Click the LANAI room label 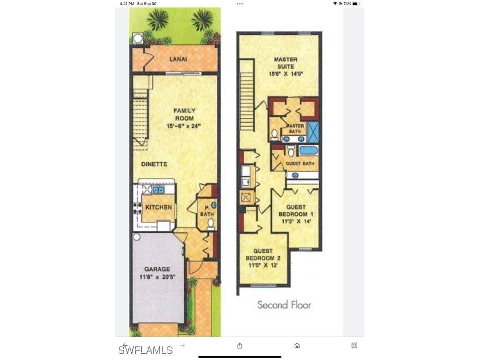point(178,59)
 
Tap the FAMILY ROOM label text point(184,114)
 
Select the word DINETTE point(154,164)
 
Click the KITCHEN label point(158,207)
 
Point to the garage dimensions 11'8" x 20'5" point(157,277)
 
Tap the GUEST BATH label point(300,164)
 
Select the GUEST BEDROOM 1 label point(296,210)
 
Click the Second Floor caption point(284,305)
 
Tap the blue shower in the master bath point(313,132)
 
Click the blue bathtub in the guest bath point(308,151)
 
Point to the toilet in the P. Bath point(211,223)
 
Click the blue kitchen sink point(157,190)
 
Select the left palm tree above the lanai point(157,20)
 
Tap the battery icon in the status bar point(356,4)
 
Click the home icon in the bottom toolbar point(297,346)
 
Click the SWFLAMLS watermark point(145,350)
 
